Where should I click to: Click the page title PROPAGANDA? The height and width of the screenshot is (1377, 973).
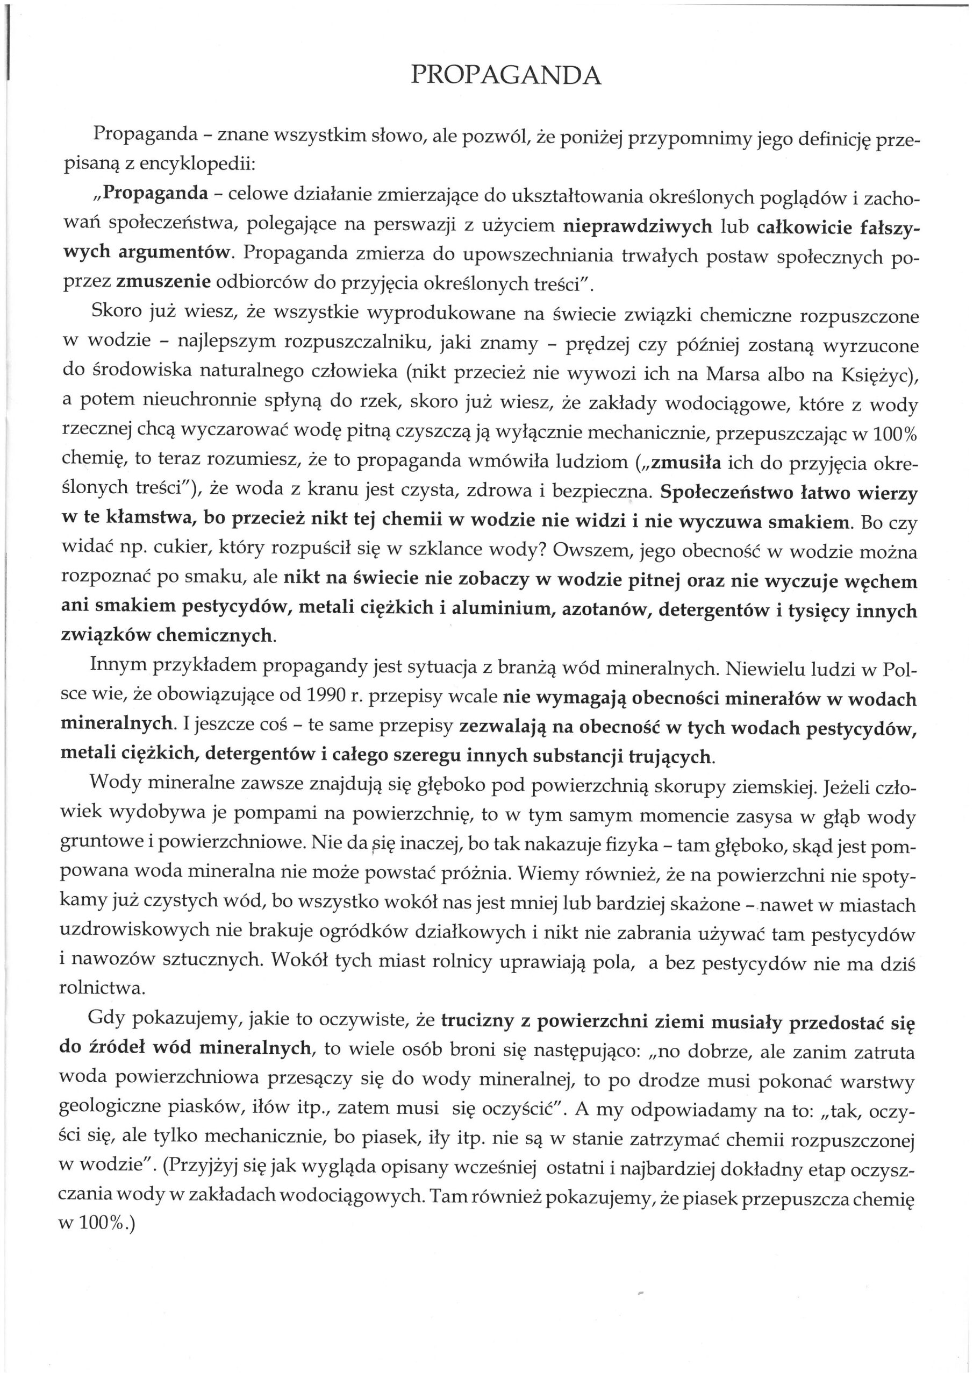pyautogui.click(x=505, y=75)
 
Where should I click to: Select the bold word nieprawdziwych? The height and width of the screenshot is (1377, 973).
pyautogui.click(x=638, y=226)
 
